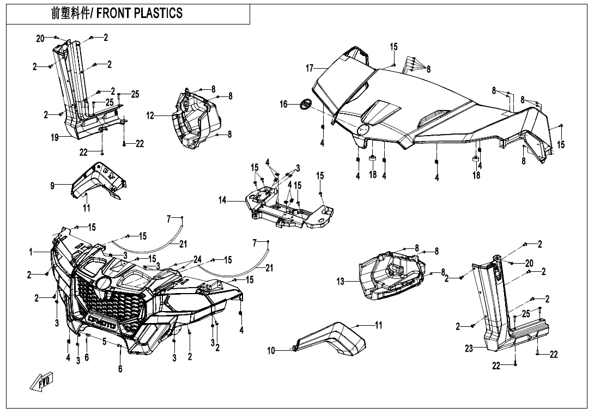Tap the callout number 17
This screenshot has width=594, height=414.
point(310,68)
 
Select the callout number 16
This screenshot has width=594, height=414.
point(284,103)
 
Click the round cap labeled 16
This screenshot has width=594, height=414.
point(306,103)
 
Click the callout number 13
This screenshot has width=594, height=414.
point(341,281)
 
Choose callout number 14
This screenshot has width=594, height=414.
point(222,200)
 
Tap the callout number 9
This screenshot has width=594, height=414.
point(52,186)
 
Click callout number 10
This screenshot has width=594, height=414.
point(271,351)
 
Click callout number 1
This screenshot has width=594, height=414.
point(32,252)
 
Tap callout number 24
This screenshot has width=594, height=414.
point(197,259)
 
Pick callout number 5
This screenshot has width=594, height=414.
point(104,342)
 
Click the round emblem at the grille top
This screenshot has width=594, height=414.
point(104,283)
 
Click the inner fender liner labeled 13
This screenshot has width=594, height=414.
point(390,275)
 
